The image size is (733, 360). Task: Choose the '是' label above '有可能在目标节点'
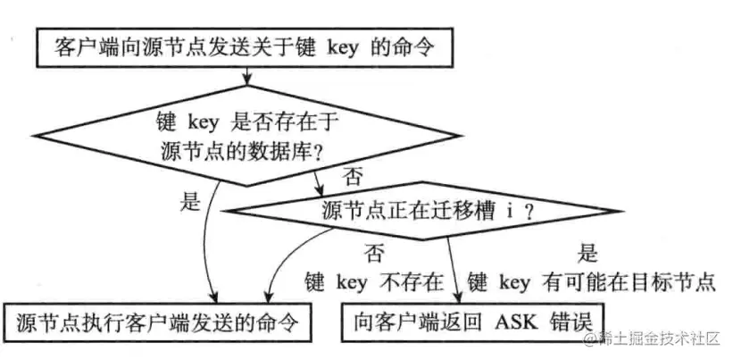coord(589,253)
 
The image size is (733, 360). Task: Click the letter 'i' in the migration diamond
coord(506,212)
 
